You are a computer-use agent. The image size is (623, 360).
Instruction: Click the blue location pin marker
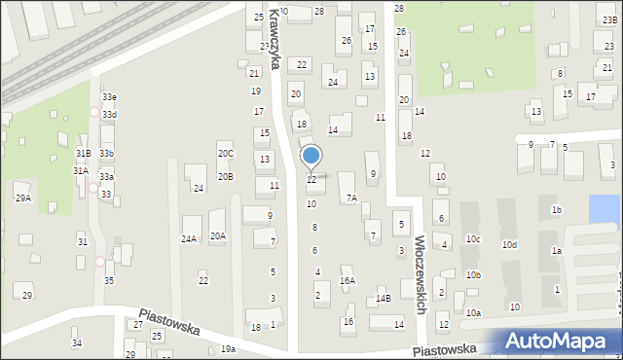311,156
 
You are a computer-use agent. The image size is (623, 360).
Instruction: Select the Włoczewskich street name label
421,272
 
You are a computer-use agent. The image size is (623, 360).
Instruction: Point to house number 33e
109,97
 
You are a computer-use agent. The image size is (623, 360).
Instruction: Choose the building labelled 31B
83,154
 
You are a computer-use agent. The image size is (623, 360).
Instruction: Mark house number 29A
23,198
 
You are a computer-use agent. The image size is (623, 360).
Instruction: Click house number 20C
226,154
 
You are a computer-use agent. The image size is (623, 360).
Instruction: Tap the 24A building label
189,238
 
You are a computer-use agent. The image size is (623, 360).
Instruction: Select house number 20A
218,235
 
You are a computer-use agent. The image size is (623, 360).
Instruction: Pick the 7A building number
351,198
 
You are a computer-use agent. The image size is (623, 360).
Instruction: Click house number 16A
348,281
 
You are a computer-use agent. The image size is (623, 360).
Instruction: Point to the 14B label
384,299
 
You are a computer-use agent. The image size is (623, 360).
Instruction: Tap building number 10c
473,238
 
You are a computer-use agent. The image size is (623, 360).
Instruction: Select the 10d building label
509,245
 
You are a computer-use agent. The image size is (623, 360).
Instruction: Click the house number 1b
557,210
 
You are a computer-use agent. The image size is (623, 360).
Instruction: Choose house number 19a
228,348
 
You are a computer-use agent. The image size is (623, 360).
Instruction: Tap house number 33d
109,115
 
